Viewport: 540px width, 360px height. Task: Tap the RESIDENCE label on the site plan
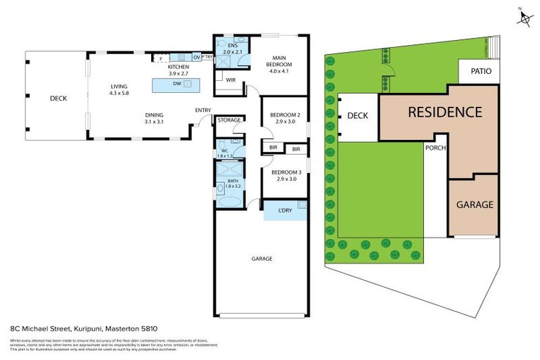[445, 112]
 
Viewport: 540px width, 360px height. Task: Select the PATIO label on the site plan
[482, 71]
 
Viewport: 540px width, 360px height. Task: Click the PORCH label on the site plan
[434, 148]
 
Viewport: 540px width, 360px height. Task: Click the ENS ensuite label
[231, 46]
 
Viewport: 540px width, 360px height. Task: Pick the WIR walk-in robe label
[230, 80]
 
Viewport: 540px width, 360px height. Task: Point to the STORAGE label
[229, 120]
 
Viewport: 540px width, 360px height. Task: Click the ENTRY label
[203, 110]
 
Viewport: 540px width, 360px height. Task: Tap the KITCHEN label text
[178, 67]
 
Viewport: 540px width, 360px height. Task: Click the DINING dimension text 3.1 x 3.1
[155, 122]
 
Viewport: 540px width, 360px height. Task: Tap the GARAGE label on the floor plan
[262, 259]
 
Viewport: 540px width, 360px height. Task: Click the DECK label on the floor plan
[58, 98]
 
